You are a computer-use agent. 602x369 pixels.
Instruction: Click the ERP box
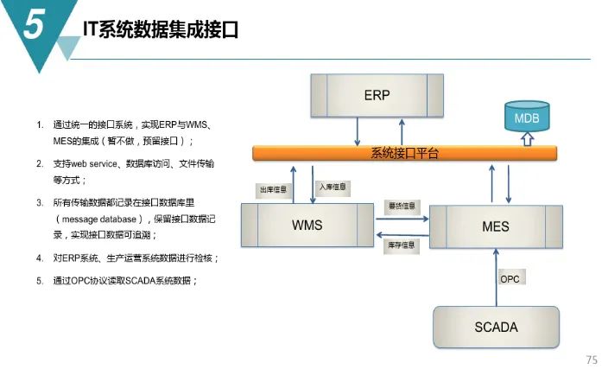(377, 95)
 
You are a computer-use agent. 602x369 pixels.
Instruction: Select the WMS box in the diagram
(307, 226)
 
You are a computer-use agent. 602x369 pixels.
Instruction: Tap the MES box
(495, 226)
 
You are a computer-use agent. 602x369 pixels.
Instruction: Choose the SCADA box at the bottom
(496, 328)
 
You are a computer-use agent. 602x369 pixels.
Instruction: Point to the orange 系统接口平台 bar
(404, 153)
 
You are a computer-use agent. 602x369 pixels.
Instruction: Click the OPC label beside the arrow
(510, 279)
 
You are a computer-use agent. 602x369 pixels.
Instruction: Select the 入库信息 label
(333, 185)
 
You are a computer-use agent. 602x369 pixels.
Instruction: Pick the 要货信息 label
(401, 207)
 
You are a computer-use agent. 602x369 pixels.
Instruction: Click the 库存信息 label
(401, 245)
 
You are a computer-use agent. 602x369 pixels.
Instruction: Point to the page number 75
(591, 359)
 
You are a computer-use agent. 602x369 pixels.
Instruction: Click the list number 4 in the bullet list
(39, 258)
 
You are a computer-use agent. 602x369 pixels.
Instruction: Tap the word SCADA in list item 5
(143, 281)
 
